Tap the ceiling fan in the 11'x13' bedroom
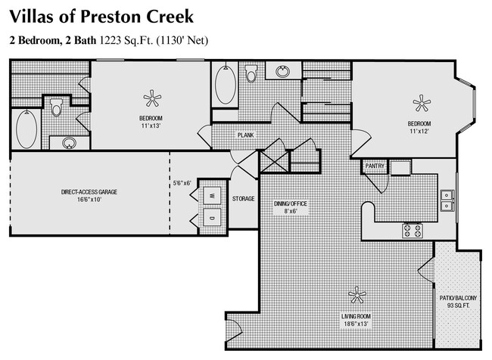[153, 98]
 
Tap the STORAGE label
[243, 199]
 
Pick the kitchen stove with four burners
[412, 228]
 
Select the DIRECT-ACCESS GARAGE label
[89, 192]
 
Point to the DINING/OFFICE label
[291, 204]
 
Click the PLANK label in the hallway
[245, 135]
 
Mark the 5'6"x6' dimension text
[182, 182]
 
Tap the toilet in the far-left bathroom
[56, 109]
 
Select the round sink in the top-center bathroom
[283, 73]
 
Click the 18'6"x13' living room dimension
[354, 324]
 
